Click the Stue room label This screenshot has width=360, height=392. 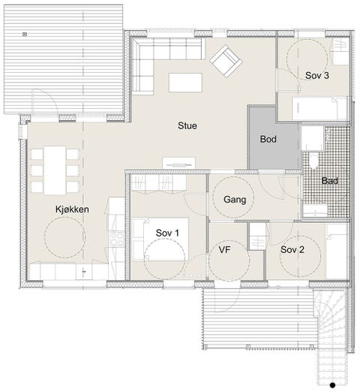pos(187,125)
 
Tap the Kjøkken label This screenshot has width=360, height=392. pos(72,210)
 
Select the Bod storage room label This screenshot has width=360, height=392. pos(268,139)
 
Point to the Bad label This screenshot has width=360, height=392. pos(330,181)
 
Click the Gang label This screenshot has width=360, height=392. pos(235,200)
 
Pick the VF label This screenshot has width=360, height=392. pos(224,249)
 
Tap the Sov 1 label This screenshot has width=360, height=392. pos(167,233)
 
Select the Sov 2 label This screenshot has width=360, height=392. pos(292,249)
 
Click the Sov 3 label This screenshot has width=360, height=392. pos(317,75)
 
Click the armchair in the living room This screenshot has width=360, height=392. pos(226,61)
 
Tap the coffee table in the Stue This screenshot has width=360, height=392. pos(185,83)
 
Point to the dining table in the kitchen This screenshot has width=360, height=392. pos(55,170)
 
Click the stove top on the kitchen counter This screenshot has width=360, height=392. pos(116,239)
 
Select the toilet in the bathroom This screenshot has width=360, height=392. pos(313,161)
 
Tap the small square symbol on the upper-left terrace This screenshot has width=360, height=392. pos(25,35)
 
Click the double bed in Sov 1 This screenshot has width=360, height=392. pos(160,240)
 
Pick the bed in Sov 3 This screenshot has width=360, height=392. pos(320,108)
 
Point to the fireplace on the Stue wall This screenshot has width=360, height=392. pos(178,163)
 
